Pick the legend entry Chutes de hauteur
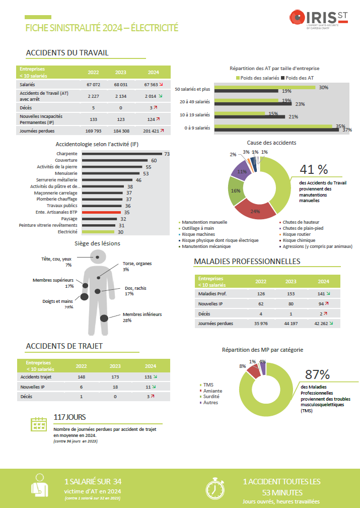pos(301,222)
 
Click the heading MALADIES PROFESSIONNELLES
pos(247,262)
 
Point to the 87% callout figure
pos(317,374)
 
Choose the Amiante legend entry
pos(212,391)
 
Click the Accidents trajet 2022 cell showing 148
pos(81,376)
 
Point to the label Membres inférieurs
pos(142,314)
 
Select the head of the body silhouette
pos(99,256)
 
